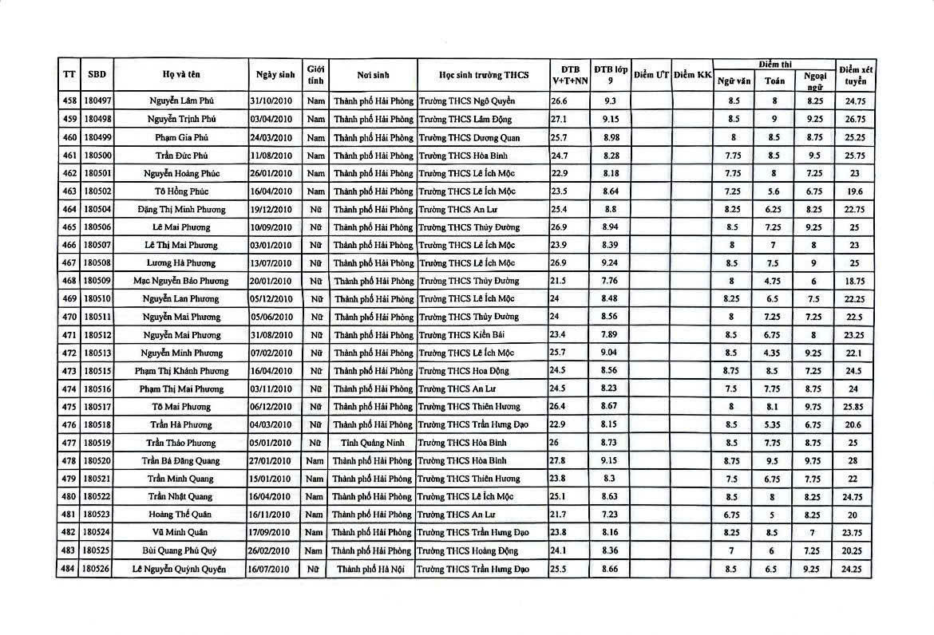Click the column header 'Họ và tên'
coord(181,75)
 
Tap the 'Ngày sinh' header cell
coord(275,75)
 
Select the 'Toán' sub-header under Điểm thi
coord(774,81)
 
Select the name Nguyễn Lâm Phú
coord(181,101)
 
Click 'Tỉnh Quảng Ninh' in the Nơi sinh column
coord(372,443)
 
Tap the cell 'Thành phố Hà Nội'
coord(372,569)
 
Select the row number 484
coord(69,569)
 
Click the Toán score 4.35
coord(774,353)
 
